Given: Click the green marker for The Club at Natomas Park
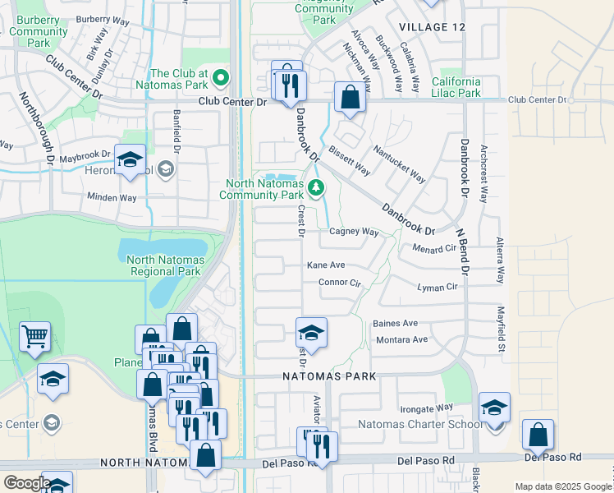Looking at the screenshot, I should [220, 79].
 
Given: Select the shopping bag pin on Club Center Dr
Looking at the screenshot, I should [350, 97].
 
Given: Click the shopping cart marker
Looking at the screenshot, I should [34, 336].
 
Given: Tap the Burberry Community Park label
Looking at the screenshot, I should [39, 32].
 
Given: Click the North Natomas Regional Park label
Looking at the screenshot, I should [164, 265].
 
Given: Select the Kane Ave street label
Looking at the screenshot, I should [326, 265].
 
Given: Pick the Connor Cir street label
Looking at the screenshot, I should [340, 283].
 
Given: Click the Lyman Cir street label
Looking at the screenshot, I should [437, 288].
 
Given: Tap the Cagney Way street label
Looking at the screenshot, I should [354, 232].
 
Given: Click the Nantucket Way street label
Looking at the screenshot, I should [400, 164].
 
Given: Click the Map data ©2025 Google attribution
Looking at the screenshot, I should [562, 486].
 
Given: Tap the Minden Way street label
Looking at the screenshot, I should [112, 198].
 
